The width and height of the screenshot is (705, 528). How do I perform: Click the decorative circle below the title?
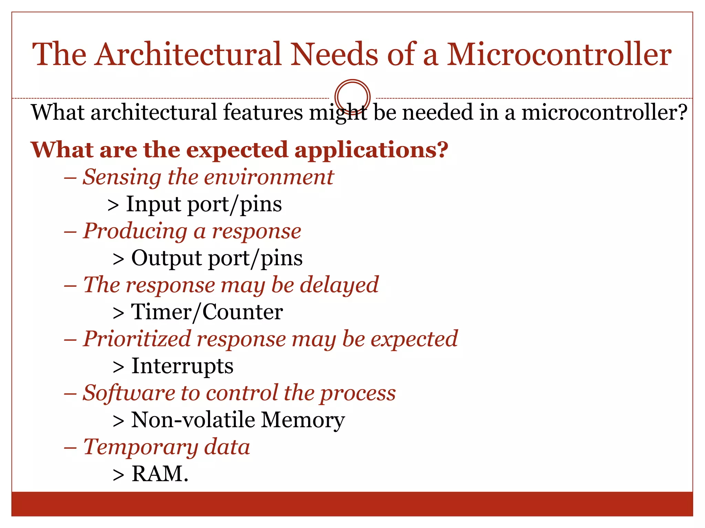(x=352, y=97)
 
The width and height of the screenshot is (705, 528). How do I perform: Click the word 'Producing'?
(x=135, y=231)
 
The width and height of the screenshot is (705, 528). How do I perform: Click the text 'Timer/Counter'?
(x=207, y=312)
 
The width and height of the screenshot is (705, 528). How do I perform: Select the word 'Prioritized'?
(x=137, y=339)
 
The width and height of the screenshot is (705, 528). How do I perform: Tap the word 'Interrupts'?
(x=182, y=366)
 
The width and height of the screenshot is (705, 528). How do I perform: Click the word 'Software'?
(x=129, y=393)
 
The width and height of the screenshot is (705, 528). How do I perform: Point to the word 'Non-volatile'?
(x=193, y=420)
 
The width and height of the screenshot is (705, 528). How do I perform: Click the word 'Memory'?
(x=303, y=420)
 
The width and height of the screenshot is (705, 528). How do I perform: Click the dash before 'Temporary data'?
(x=70, y=448)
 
